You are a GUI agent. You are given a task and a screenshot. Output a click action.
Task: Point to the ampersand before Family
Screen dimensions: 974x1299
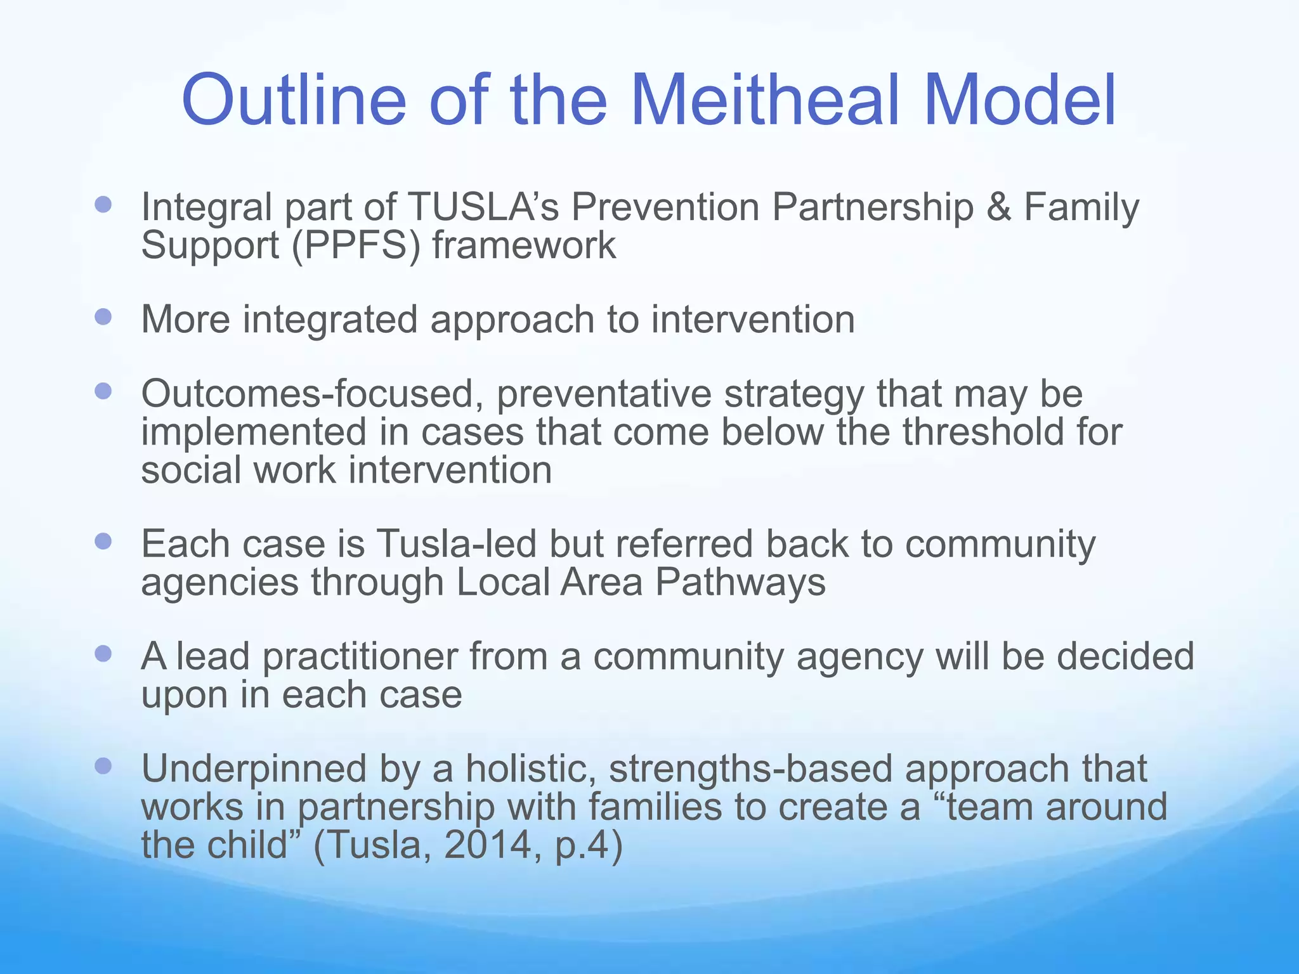coord(998,207)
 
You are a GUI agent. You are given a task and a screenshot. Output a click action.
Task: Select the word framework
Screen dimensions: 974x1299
coord(524,245)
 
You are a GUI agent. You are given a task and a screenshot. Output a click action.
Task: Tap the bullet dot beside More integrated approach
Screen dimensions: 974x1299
coord(103,316)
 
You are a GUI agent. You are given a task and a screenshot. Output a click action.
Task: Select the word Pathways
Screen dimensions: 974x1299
coord(740,582)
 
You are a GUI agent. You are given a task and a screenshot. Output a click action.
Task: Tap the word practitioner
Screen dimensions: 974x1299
coord(359,656)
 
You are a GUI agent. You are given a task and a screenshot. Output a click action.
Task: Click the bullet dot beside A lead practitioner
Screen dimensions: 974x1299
coord(103,654)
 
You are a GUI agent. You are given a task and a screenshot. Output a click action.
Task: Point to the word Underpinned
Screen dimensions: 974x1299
coord(254,769)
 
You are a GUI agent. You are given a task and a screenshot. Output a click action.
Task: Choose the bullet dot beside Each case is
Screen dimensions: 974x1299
coord(103,542)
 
